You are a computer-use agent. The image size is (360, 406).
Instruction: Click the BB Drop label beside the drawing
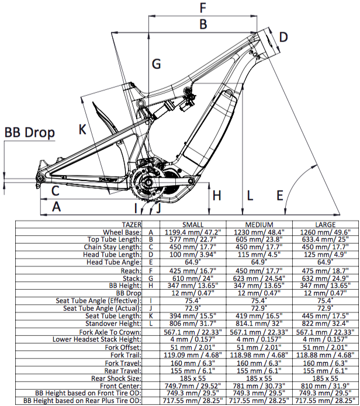(x=29, y=133)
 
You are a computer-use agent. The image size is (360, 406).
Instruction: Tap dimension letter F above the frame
(x=203, y=8)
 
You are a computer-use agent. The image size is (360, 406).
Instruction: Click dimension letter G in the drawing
(x=156, y=64)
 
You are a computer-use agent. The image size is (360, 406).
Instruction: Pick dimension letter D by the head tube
(x=283, y=38)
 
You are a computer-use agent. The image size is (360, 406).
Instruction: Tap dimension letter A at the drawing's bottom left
(x=57, y=206)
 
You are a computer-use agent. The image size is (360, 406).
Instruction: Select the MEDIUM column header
(x=259, y=225)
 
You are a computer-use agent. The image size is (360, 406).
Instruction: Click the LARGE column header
(x=326, y=225)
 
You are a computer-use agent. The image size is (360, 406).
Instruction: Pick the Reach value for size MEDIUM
(x=259, y=270)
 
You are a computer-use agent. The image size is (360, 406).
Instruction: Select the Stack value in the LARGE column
(x=326, y=278)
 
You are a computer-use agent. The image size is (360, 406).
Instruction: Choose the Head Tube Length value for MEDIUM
(x=259, y=255)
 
